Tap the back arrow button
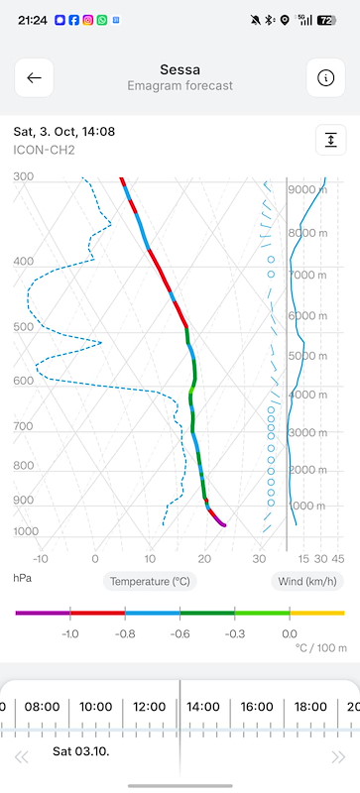(34, 78)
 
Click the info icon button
(325, 78)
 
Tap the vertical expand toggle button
(330, 140)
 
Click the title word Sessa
(180, 69)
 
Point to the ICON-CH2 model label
(44, 151)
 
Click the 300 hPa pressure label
(23, 177)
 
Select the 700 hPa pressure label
(23, 427)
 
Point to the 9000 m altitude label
(307, 189)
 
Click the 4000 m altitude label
(307, 395)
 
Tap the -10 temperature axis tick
(41, 559)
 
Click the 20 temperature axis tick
(204, 559)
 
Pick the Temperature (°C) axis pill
(150, 582)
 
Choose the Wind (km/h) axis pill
(307, 582)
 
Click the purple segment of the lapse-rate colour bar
(43, 613)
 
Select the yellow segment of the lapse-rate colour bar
(317, 613)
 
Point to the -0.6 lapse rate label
(180, 634)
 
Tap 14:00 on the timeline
(203, 707)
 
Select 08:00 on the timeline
(42, 707)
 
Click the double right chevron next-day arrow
(338, 757)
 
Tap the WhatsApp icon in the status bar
(102, 20)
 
